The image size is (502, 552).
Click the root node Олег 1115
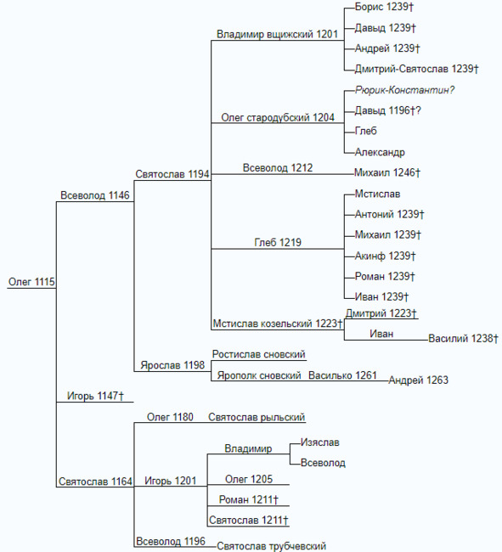point(31,282)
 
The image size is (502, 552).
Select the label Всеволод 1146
point(95,195)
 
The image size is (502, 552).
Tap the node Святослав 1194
point(172,174)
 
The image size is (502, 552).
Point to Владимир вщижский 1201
point(277,34)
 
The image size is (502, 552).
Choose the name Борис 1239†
point(384,7)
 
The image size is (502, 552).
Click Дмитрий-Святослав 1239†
point(416,69)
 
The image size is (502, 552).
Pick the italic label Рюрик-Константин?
point(405,90)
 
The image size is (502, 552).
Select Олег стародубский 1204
point(278,117)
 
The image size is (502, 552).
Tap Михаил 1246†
point(386,172)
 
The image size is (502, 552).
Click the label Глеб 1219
point(278,242)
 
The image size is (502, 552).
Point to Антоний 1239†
point(389,214)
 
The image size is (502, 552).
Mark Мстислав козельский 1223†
point(278,324)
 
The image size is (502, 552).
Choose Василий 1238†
point(463,338)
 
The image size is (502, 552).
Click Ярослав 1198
point(172,365)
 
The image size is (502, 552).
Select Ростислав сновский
point(259,354)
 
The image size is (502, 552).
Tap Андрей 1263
point(418,380)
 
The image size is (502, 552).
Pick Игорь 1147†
point(95,396)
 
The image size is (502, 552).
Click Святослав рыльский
point(257,417)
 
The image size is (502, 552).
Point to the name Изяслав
point(320,442)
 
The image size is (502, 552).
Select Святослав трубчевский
point(271,546)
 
